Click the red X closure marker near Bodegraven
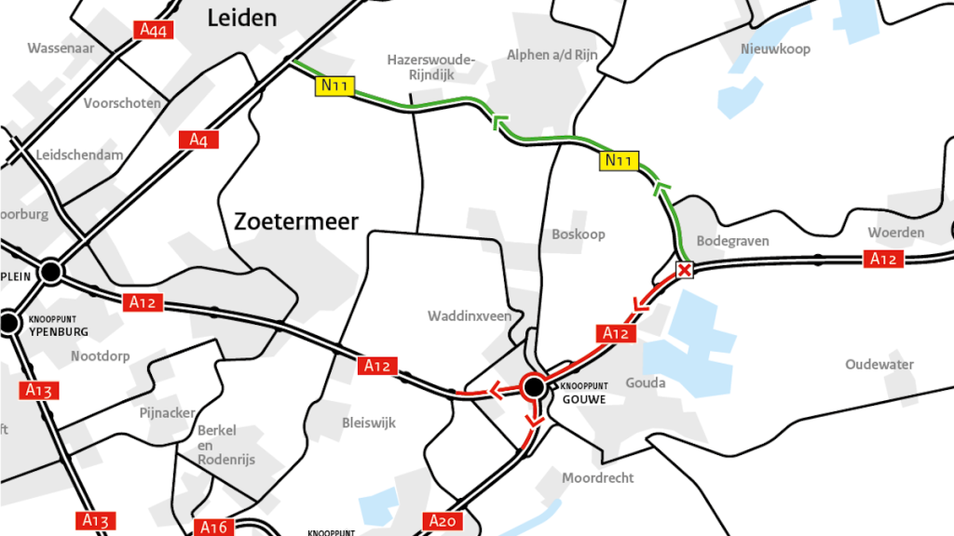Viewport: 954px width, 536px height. [x=685, y=271]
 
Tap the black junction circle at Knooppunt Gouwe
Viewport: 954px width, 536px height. [x=534, y=386]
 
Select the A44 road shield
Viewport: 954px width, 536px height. [x=153, y=30]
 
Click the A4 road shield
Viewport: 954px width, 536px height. [x=198, y=140]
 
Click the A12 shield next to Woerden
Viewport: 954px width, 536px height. [x=882, y=259]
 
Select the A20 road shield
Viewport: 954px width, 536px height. [x=443, y=520]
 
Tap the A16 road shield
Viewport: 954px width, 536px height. [x=213, y=528]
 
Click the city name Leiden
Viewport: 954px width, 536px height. [x=242, y=18]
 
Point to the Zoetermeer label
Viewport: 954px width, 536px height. [x=295, y=221]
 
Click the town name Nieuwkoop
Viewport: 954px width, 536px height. [x=775, y=48]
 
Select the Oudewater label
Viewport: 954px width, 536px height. [x=879, y=364]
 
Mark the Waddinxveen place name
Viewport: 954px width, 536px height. [x=470, y=315]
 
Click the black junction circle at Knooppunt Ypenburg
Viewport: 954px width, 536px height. [x=10, y=323]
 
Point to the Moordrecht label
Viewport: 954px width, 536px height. [x=597, y=477]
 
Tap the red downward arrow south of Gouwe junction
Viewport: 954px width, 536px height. [x=533, y=421]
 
